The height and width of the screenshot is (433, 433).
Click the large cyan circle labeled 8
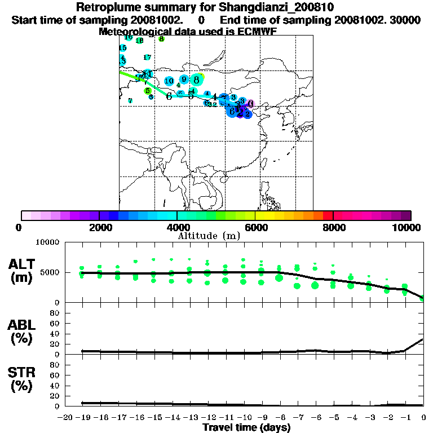point(196,80)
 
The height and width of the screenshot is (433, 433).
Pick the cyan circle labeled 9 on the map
point(184,79)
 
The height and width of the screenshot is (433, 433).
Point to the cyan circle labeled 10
point(169,81)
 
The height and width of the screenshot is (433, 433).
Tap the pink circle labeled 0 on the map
point(251,104)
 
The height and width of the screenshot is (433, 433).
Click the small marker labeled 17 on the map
point(147,58)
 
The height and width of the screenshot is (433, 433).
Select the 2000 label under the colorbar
point(99,227)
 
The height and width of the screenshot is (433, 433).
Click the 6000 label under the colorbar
point(255,227)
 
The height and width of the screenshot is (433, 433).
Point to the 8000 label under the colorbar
point(333,227)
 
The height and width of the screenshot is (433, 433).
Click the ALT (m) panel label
point(23,271)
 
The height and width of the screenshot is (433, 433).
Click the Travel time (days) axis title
point(246,427)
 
